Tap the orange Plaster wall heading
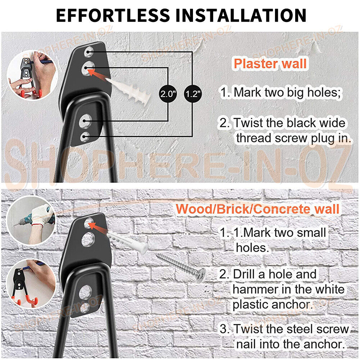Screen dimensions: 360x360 (x=270, y=64)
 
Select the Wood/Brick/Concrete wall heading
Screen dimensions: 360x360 (x=258, y=209)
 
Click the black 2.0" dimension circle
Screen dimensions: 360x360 (x=168, y=94)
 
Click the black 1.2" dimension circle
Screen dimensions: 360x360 (x=193, y=94)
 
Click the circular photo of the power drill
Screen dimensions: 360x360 (x=31, y=219)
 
